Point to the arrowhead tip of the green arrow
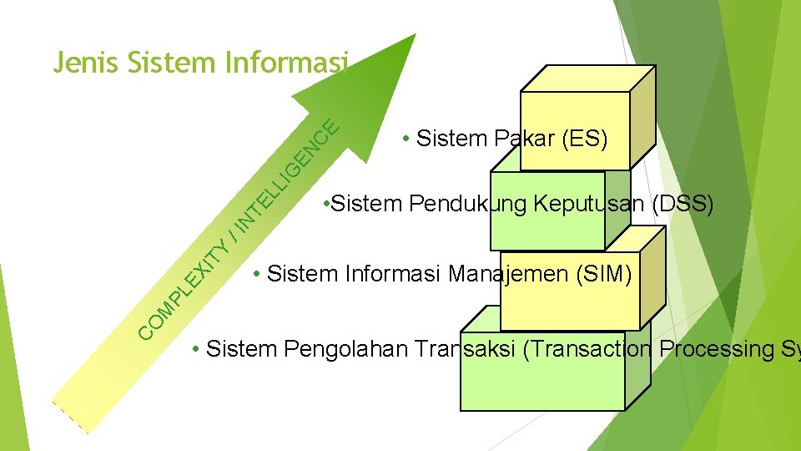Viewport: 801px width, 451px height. (x=415, y=35)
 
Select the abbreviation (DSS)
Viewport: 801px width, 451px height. (x=687, y=205)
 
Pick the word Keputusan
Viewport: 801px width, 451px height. (x=592, y=205)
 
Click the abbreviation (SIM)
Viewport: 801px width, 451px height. (x=604, y=274)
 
